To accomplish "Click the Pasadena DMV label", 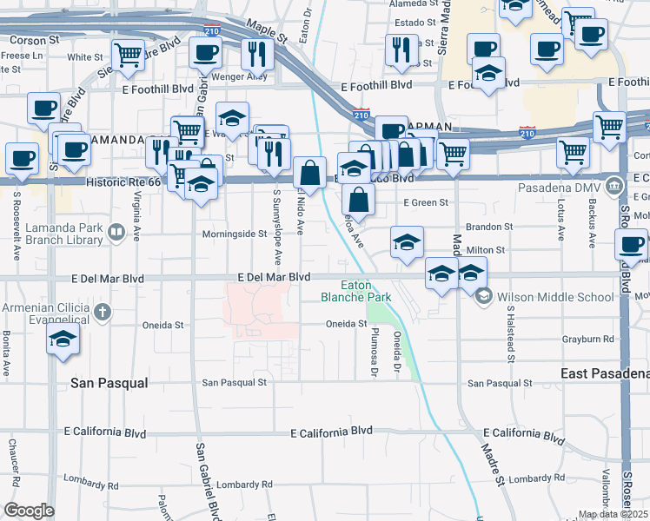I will tap(560, 187).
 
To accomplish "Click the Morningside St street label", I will tap(234, 234).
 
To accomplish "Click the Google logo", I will tap(29, 510).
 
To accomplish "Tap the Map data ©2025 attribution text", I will tap(614, 514).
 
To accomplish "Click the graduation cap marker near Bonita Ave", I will tap(62, 340).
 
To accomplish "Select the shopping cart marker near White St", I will tap(128, 55).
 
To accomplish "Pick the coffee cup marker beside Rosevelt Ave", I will tap(22, 159).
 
